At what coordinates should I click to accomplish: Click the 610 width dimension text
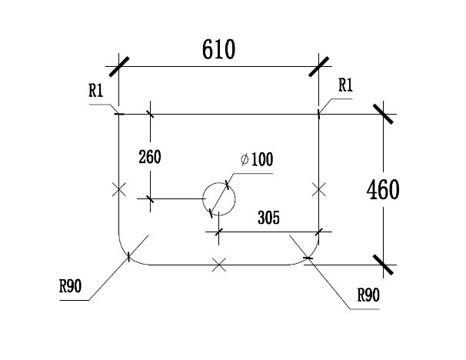pos(218,49)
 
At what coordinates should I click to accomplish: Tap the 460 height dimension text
pos(383,190)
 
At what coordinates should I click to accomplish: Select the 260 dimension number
pos(150,157)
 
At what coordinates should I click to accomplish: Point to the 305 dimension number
pos(268,218)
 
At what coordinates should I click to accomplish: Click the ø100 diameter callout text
pos(257,159)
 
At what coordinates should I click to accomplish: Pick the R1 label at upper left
pos(95,91)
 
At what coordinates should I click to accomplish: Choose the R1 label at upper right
pos(345,85)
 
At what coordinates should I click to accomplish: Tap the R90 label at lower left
pos(71,286)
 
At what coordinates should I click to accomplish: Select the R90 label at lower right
pos(368,295)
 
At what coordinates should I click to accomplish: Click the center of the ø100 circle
pos(219,199)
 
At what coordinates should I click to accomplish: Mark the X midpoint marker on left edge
pos(119,189)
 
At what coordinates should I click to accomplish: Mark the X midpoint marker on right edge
pos(319,189)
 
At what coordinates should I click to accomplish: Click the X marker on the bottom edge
pos(219,265)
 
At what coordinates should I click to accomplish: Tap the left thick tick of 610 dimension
pos(119,67)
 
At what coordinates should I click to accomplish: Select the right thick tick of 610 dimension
pos(319,67)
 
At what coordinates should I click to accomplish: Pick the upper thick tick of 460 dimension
pos(383,114)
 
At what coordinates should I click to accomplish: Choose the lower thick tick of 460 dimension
pos(383,265)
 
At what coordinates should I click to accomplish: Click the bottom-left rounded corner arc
pos(128,256)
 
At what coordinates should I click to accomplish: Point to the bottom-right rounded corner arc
pos(310,256)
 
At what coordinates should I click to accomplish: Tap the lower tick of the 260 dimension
pos(150,199)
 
